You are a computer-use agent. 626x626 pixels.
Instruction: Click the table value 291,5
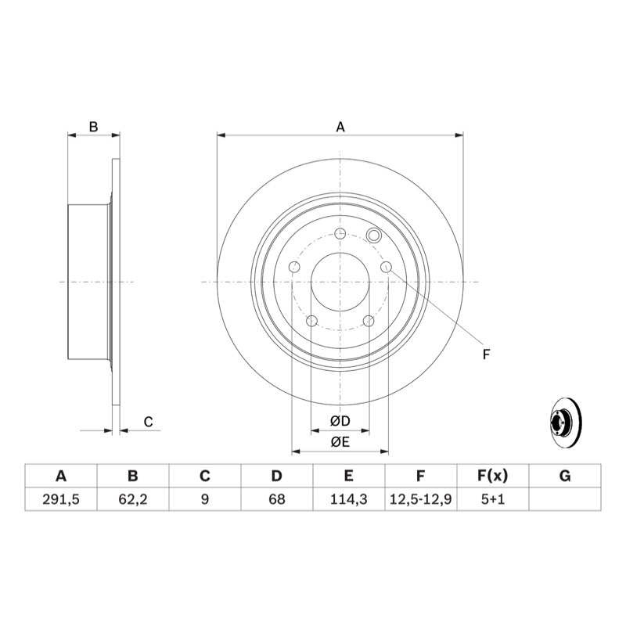[x=61, y=499]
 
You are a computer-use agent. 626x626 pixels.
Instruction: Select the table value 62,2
[x=132, y=499]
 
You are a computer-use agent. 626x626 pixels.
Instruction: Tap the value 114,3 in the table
[x=348, y=499]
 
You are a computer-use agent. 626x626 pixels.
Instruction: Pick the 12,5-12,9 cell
[x=420, y=499]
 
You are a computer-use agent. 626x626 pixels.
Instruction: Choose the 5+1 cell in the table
[x=493, y=499]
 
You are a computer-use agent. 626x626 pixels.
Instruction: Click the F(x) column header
[x=493, y=476]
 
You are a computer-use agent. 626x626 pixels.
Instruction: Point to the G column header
[x=565, y=476]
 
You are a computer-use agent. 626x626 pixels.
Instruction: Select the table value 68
[x=277, y=499]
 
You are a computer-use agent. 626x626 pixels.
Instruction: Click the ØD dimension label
[x=340, y=421]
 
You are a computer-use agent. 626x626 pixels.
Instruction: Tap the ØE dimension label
[x=340, y=442]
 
